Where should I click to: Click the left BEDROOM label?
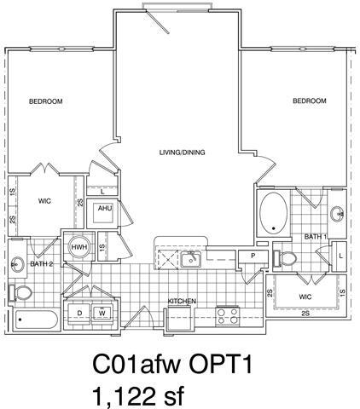[x=46, y=102]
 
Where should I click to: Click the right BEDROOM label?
[x=310, y=101]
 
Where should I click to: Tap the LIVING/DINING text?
[x=182, y=153]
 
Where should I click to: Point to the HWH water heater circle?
[x=78, y=246]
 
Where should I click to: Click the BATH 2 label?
[x=42, y=264]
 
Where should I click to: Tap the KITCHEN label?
[x=182, y=301]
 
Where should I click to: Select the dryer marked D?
[x=80, y=314]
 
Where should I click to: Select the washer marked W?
[x=102, y=314]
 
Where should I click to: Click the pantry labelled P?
[x=252, y=256]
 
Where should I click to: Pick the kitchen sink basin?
[x=189, y=257]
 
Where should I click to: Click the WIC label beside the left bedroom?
[x=44, y=202]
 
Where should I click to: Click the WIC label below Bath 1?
[x=305, y=297]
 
